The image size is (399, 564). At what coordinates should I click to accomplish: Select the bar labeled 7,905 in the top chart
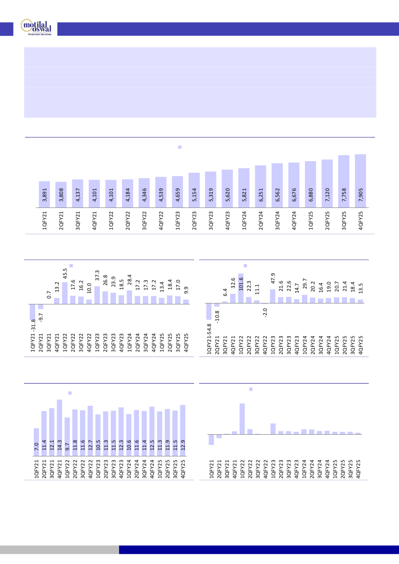(x=360, y=181)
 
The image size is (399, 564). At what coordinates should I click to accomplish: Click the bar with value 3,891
(x=44, y=194)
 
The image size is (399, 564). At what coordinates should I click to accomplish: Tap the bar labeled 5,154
(x=194, y=190)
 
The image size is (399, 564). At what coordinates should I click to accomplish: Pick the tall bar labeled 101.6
(x=241, y=288)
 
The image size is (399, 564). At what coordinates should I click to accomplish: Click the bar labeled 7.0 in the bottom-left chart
(x=36, y=442)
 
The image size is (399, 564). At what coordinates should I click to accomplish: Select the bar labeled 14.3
(x=59, y=427)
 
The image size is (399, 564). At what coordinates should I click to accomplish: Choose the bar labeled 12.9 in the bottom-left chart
(x=183, y=430)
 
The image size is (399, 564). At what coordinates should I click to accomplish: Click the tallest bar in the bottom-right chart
(x=242, y=419)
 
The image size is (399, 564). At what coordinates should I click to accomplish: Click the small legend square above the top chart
(x=179, y=147)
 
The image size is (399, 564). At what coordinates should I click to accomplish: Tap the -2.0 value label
(x=265, y=313)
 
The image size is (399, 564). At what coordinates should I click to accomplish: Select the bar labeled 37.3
(x=97, y=295)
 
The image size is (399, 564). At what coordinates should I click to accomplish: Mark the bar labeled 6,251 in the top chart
(x=261, y=186)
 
